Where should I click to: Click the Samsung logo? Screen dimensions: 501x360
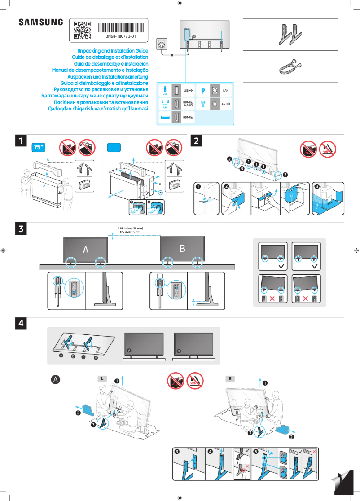point(41,22)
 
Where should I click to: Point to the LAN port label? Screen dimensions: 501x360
point(226,91)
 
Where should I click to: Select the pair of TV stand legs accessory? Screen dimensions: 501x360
point(290,34)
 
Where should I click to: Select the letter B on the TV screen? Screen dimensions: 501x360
point(182,248)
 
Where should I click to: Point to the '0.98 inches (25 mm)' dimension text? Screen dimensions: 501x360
point(130,229)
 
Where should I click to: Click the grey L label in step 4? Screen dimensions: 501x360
point(103,379)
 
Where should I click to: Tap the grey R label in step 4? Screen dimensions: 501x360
point(230,379)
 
